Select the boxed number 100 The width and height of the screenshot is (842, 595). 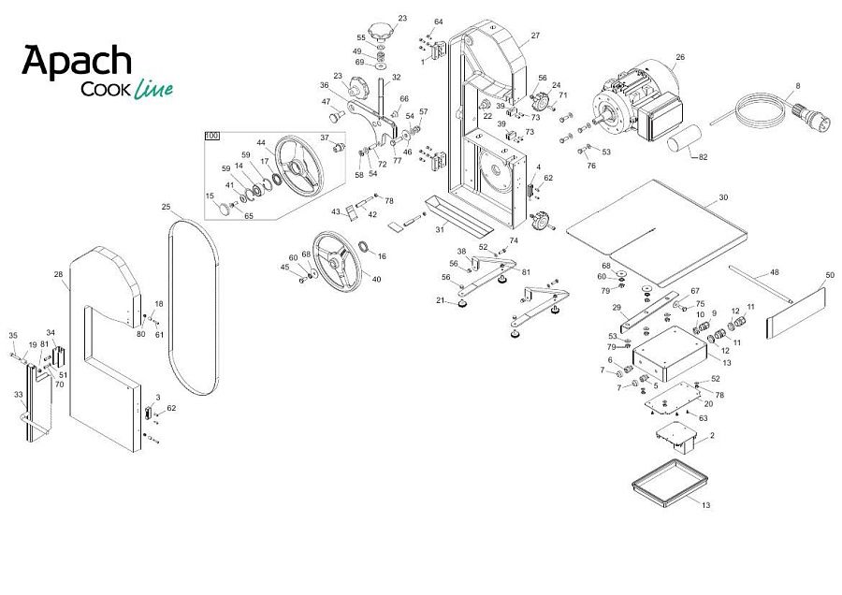pyautogui.click(x=212, y=136)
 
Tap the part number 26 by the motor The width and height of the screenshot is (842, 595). pyautogui.click(x=680, y=57)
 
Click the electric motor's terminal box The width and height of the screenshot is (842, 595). pyautogui.click(x=660, y=115)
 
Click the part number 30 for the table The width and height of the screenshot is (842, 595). pyautogui.click(x=723, y=197)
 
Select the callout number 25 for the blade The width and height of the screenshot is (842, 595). pyautogui.click(x=166, y=207)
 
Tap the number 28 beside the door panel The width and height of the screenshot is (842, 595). pyautogui.click(x=59, y=274)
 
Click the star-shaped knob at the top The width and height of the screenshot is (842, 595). pyautogui.click(x=381, y=30)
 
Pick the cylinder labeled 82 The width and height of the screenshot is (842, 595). pyautogui.click(x=684, y=138)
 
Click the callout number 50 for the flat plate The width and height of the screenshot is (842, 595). pyautogui.click(x=830, y=275)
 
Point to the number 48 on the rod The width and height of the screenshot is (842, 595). pyautogui.click(x=775, y=272)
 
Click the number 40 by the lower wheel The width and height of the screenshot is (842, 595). pyautogui.click(x=376, y=279)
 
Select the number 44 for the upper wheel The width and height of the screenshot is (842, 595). pyautogui.click(x=261, y=143)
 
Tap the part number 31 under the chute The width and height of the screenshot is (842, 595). pyautogui.click(x=441, y=229)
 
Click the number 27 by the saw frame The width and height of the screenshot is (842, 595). pyautogui.click(x=535, y=36)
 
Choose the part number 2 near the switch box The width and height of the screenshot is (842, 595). pyautogui.click(x=712, y=436)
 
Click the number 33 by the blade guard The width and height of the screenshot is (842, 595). pyautogui.click(x=19, y=395)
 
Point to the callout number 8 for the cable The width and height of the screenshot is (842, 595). pyautogui.click(x=798, y=86)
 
